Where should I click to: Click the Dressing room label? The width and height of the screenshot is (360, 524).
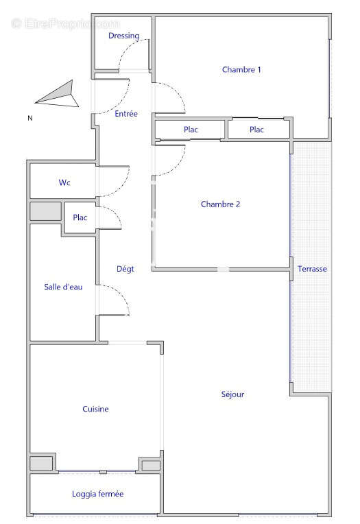[123, 36]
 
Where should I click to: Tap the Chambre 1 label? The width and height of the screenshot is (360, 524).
[241, 69]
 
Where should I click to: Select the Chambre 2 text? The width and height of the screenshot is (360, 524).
[220, 204]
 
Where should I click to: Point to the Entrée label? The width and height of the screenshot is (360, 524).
[126, 114]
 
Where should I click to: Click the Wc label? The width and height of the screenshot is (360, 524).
[64, 183]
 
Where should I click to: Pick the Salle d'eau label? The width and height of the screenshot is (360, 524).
[63, 287]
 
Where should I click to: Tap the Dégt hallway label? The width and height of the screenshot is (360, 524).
[125, 269]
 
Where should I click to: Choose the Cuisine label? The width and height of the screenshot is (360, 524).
[95, 409]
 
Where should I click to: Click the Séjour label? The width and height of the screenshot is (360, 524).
[232, 394]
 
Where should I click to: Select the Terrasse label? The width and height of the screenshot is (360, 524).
[312, 270]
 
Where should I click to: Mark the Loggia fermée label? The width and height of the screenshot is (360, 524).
[97, 494]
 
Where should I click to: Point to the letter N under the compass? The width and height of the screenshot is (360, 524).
[29, 118]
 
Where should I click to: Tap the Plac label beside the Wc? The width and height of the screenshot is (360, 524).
[80, 218]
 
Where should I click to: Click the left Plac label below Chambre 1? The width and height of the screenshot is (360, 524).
[191, 130]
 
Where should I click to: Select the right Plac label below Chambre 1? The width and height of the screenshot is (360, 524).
[256, 130]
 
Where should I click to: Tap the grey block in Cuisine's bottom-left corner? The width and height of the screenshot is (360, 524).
[42, 463]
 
